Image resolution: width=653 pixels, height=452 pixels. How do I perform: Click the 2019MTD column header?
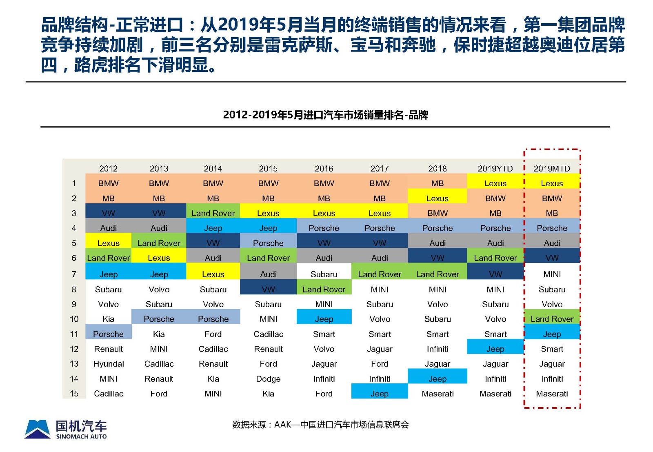click(551, 169)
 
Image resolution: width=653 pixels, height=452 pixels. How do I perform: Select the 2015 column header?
click(268, 169)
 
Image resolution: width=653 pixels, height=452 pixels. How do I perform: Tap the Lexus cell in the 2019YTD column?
click(495, 183)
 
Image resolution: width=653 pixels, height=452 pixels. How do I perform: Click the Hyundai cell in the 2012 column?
click(109, 364)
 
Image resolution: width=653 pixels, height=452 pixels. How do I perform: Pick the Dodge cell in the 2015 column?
click(268, 379)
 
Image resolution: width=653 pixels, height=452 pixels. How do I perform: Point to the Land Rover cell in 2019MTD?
click(552, 319)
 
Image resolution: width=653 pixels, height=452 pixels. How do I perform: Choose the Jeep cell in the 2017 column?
click(379, 394)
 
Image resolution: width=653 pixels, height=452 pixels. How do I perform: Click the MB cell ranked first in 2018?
click(437, 183)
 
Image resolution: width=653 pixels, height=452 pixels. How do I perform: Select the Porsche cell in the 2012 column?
click(108, 334)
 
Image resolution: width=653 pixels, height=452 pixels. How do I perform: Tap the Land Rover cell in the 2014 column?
click(213, 213)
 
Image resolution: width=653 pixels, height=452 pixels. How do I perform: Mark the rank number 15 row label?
click(74, 394)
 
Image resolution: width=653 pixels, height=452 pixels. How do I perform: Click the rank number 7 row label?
click(74, 274)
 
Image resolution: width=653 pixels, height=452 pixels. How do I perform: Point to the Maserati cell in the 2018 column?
click(438, 394)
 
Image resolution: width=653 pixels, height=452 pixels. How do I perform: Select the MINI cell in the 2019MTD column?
click(552, 274)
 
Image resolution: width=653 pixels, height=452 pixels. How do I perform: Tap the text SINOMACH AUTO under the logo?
click(81, 436)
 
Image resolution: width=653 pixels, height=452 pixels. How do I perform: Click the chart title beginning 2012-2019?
click(325, 115)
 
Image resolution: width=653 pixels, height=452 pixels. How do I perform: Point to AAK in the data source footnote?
click(282, 425)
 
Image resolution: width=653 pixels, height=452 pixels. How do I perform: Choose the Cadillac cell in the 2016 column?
click(268, 334)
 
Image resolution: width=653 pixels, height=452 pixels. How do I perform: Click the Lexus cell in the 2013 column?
click(159, 258)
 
